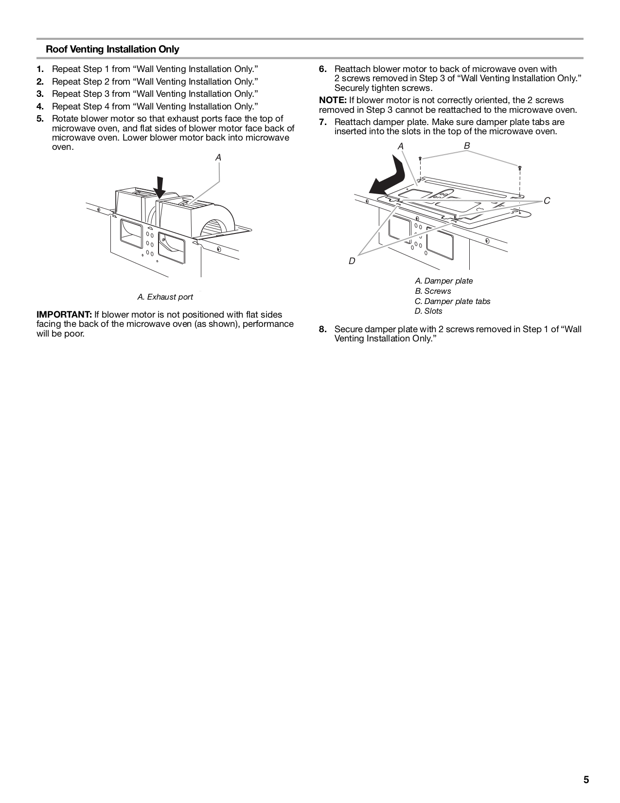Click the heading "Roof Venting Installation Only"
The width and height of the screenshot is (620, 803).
tap(112, 49)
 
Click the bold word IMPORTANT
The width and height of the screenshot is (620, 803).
tap(64, 315)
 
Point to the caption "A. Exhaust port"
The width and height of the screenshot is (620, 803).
tap(165, 297)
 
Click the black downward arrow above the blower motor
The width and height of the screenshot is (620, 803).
tap(159, 187)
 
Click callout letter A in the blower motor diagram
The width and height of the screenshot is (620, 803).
tap(218, 158)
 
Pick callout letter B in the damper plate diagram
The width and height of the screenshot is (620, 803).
tap(467, 145)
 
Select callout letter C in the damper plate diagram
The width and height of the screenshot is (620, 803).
tap(547, 201)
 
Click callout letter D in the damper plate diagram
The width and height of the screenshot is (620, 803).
tap(352, 261)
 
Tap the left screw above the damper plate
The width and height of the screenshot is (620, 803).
tap(420, 159)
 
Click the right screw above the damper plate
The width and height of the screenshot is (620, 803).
tap(520, 168)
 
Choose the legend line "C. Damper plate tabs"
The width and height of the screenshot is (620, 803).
tap(452, 301)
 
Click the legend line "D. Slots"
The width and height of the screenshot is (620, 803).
tap(428, 311)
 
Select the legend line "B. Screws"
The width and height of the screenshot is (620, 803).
tap(433, 291)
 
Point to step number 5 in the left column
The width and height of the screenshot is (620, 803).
tap(40, 119)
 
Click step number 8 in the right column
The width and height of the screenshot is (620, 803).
tap(322, 329)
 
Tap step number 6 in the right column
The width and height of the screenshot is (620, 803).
tap(322, 69)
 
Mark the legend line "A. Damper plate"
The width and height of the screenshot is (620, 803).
tap(443, 281)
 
